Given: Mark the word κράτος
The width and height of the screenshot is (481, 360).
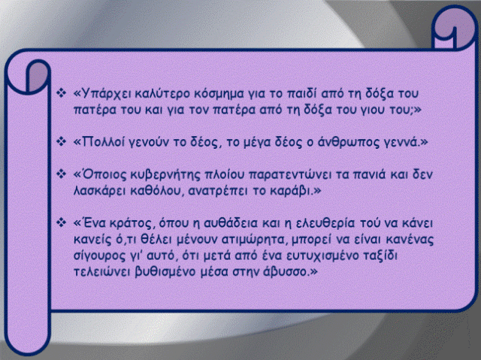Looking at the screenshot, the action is tap(129, 223).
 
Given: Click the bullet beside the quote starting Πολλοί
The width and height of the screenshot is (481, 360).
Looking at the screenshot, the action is tap(62, 141).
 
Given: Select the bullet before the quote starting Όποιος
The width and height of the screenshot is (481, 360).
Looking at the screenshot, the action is tap(62, 174).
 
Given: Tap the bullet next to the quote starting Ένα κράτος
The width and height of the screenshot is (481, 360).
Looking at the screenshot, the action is tap(62, 222).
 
